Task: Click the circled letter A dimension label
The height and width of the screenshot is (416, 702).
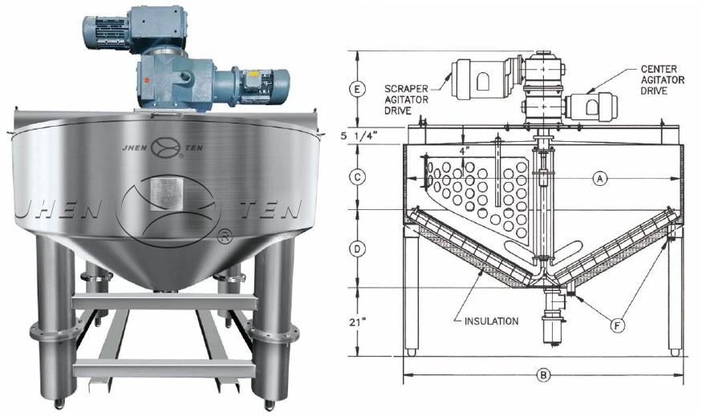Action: point(599,179)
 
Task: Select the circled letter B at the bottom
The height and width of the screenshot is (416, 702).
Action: point(543,374)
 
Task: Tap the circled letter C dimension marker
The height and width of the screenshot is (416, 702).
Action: point(357,177)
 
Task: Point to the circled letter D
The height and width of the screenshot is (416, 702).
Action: point(357,248)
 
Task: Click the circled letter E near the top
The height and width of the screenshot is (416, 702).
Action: point(357,90)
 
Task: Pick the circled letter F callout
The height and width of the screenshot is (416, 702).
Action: point(617,326)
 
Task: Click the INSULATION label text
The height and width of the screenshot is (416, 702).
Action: point(492,321)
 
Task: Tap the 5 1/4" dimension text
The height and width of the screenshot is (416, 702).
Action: point(359,135)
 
